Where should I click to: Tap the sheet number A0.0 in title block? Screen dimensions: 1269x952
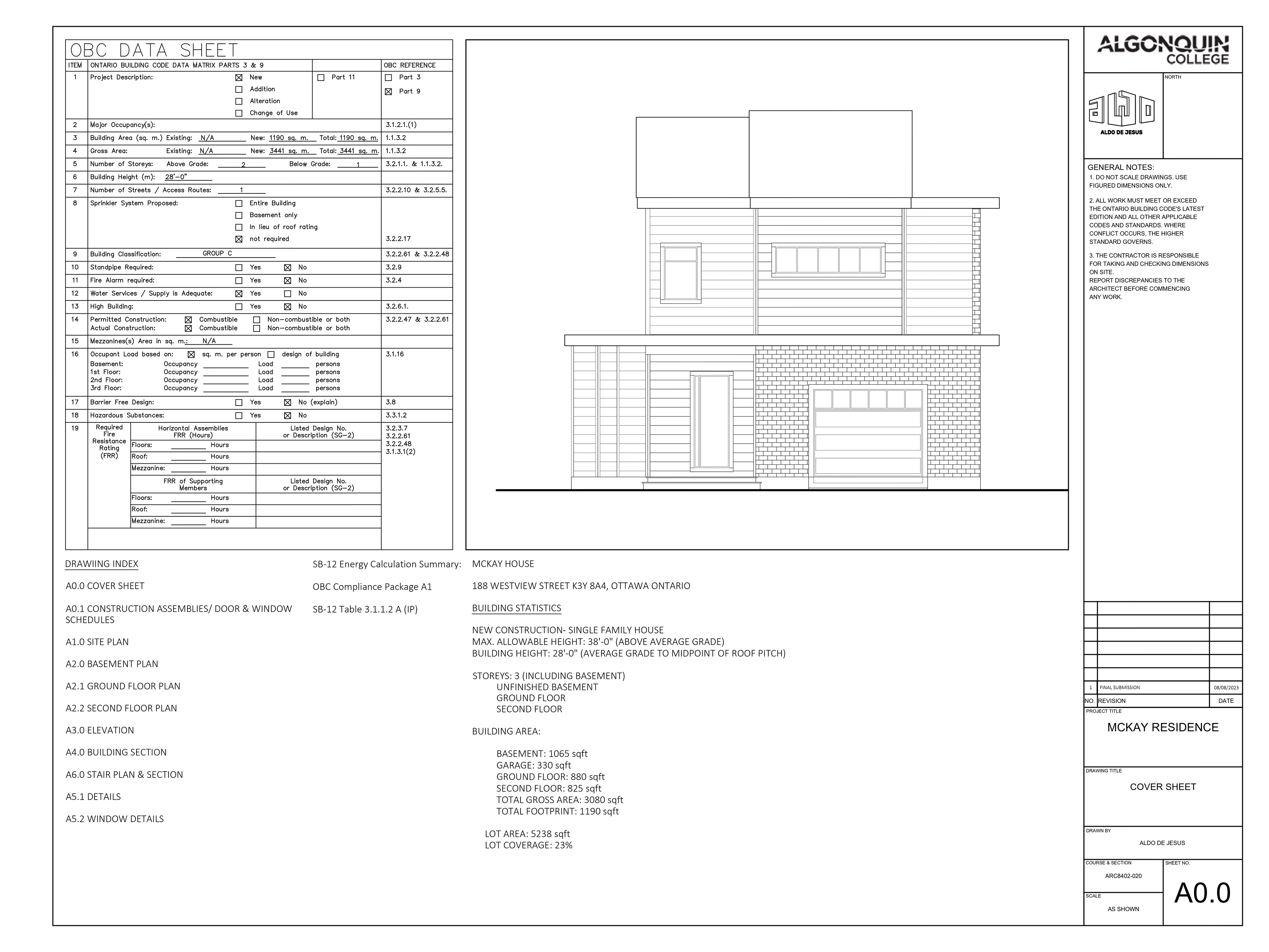click(1202, 893)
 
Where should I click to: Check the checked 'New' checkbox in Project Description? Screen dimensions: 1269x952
click(239, 77)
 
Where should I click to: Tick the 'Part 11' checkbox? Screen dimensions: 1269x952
click(321, 77)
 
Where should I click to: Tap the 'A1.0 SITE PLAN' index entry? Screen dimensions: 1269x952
click(97, 642)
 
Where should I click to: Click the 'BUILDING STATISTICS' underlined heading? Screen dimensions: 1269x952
click(516, 608)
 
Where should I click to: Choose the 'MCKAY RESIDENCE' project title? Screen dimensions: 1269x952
click(1162, 727)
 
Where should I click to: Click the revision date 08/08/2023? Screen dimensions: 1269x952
click(1225, 688)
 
